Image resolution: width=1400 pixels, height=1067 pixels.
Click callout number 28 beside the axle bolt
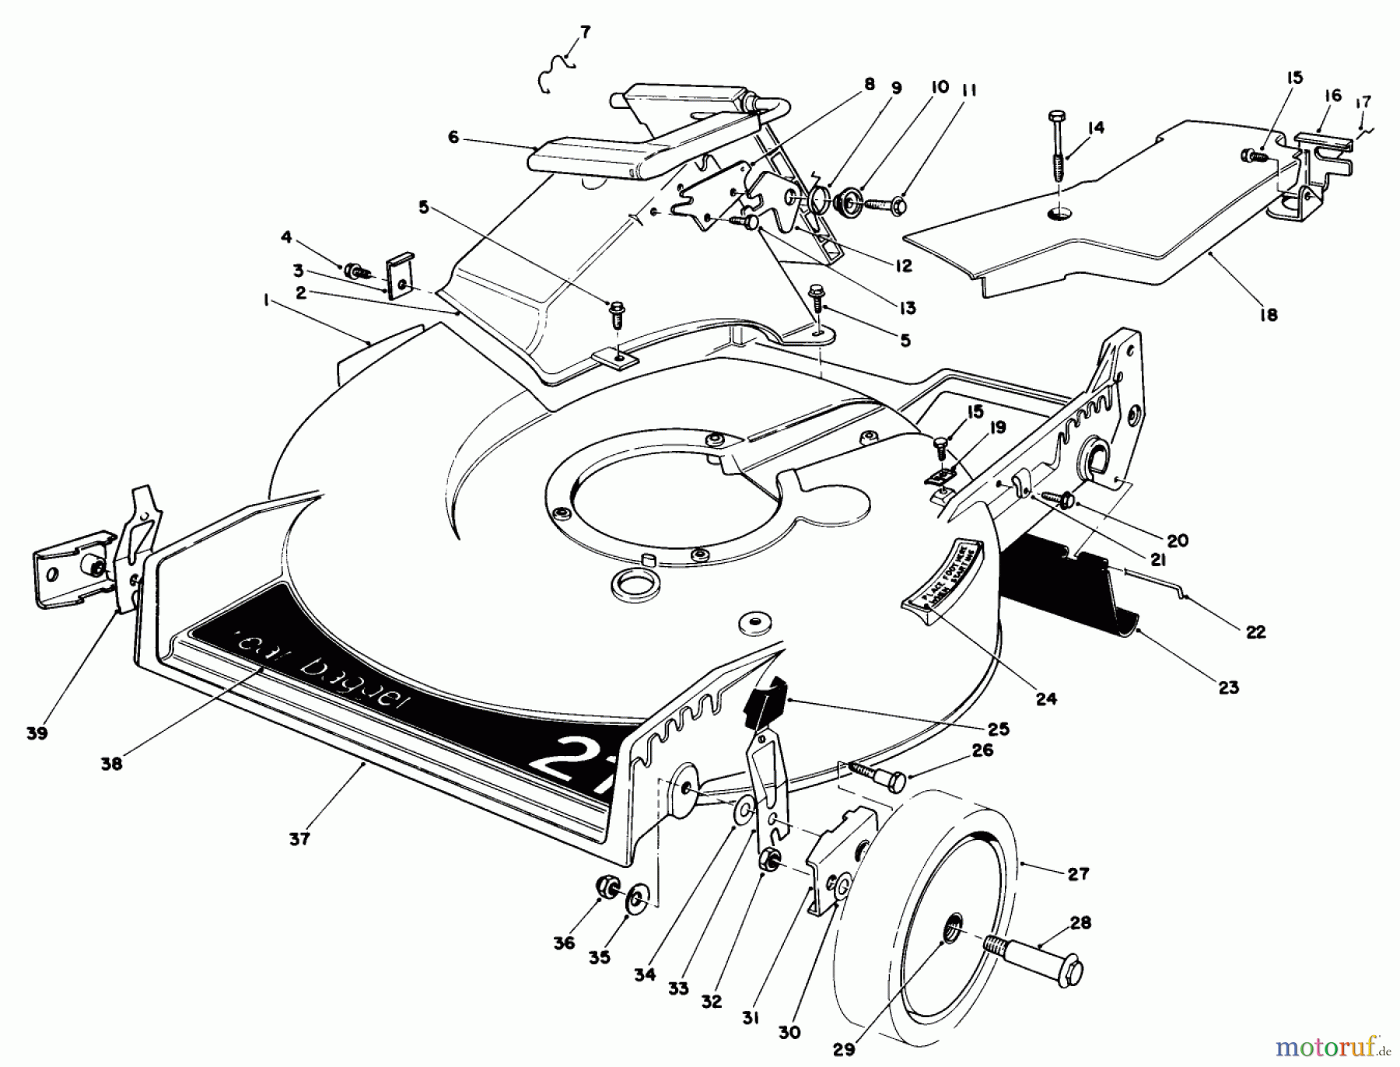coord(1080,922)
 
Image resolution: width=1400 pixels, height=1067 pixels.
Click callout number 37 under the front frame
coord(299,839)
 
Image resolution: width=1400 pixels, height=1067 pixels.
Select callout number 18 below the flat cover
coord(1268,315)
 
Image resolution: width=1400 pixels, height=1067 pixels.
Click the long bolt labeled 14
coord(1059,148)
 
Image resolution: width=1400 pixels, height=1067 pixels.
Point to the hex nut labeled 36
coord(606,887)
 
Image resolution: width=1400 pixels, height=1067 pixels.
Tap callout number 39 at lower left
coord(37,733)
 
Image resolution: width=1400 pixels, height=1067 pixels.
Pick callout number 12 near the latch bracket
coord(902,266)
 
